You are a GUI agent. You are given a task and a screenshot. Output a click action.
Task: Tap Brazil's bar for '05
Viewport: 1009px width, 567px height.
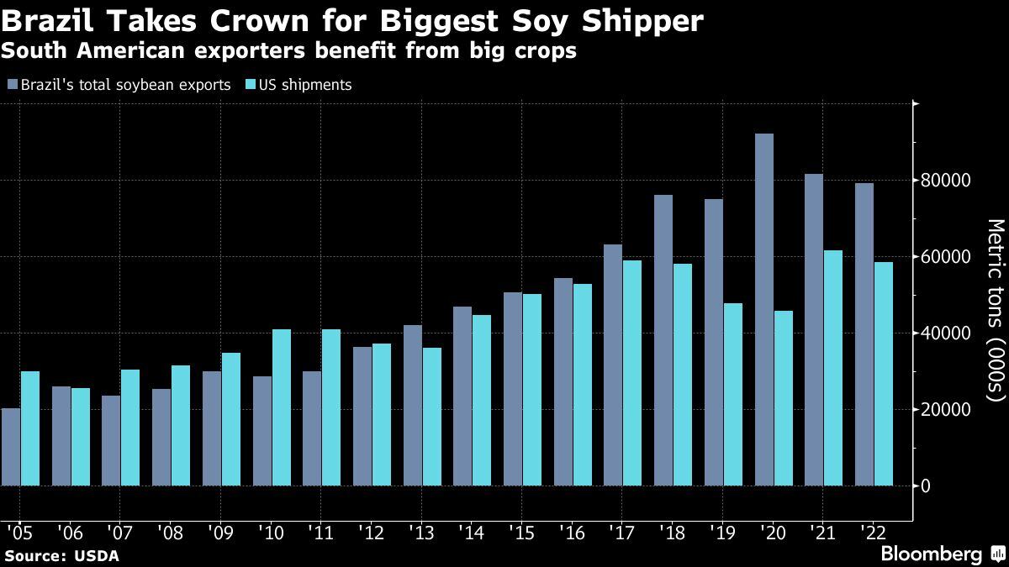pyautogui.click(x=11, y=447)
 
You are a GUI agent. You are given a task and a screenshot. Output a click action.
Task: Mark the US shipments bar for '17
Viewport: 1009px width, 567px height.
pyautogui.click(x=632, y=373)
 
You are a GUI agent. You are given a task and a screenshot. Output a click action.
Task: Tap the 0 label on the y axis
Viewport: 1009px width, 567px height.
pyautogui.click(x=926, y=486)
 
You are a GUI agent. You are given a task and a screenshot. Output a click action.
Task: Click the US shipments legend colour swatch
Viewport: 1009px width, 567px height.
pyautogui.click(x=250, y=85)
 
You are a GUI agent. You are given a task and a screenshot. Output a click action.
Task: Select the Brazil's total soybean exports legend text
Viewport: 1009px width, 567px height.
pyautogui.click(x=125, y=85)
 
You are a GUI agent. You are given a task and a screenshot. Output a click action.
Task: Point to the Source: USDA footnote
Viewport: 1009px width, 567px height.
pyautogui.click(x=61, y=556)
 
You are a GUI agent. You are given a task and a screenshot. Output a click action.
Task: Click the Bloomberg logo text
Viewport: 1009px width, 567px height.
pyautogui.click(x=931, y=554)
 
